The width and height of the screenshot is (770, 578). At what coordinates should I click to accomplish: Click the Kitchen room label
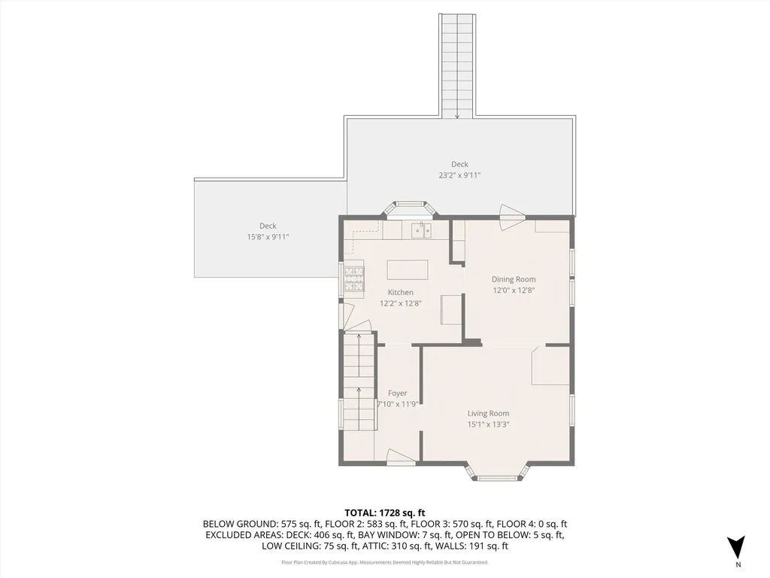tap(400, 292)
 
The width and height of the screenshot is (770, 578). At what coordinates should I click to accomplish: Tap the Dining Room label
tap(514, 279)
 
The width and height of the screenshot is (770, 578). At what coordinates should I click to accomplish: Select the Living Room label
tap(488, 413)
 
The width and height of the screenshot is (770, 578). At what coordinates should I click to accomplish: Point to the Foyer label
tap(397, 393)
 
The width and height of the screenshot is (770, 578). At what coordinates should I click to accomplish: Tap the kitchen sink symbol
tap(421, 230)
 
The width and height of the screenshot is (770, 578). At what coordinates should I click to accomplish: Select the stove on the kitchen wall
tap(353, 279)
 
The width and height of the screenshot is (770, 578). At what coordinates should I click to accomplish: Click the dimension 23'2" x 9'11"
tap(459, 175)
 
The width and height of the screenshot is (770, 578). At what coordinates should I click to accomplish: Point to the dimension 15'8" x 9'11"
tap(268, 236)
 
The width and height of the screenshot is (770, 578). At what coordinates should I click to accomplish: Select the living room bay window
tap(496, 473)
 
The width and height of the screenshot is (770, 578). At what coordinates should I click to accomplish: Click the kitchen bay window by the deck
tap(410, 208)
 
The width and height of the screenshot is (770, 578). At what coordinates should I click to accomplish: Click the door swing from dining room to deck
tap(511, 212)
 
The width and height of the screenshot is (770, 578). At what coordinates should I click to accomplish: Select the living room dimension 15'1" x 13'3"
tap(488, 424)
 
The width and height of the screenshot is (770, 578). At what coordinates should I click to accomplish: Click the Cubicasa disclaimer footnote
tap(385, 562)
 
